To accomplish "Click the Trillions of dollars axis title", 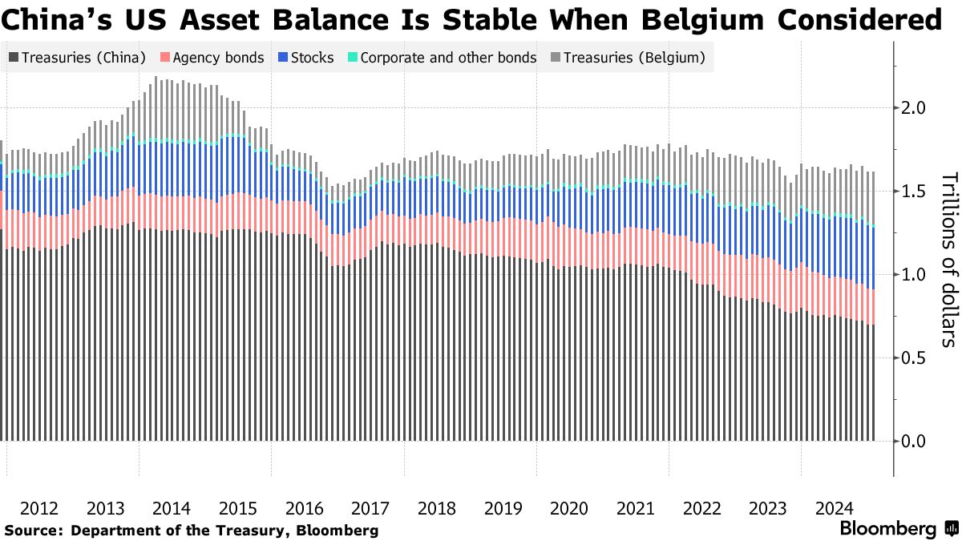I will pos(948,260).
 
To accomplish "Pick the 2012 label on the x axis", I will pos(39,508).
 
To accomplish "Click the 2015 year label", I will pos(238,508).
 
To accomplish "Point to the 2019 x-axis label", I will pos(503,508).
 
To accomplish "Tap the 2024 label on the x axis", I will pos(834,508).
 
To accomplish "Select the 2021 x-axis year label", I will pos(636,508).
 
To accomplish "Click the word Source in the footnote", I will pos(32,531).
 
